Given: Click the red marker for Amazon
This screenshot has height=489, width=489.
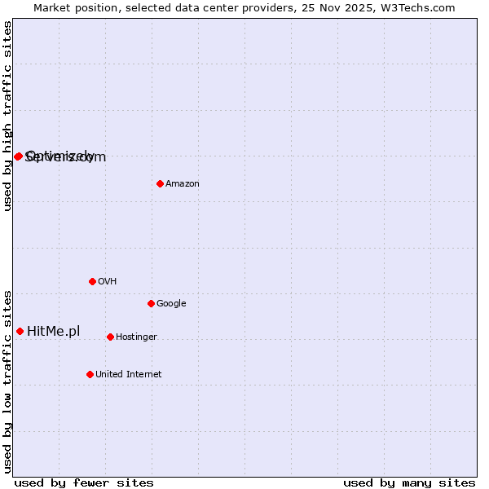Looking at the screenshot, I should coord(160,183).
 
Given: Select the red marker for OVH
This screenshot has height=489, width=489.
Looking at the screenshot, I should coord(92,281).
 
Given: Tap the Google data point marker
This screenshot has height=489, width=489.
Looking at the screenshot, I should coord(151,303).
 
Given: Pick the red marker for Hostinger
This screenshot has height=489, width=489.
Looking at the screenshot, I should coord(110,337).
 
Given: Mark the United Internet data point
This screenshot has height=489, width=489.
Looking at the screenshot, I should coord(90,374).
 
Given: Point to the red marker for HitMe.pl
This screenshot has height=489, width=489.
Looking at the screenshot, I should coord(20,331).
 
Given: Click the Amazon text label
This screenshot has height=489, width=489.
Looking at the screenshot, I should coord(183,184).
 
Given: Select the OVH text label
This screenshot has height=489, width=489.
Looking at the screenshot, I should coord(108,282).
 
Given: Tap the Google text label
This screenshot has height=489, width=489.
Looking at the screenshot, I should coord(171,304).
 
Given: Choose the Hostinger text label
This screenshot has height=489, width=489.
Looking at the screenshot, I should coord(136,337).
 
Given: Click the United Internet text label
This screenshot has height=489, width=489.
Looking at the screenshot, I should coord(128,375).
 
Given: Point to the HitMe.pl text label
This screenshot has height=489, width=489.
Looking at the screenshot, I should coord(54,331).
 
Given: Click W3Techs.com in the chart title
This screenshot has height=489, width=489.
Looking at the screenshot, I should coord(418,8).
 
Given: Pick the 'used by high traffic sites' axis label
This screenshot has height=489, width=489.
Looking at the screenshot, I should coord(8,116).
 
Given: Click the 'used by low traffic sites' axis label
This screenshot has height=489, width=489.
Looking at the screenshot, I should coord(8,381).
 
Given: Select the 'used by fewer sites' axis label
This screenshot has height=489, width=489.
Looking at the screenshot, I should coord(84,482).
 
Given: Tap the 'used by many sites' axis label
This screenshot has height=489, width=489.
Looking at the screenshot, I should coord(409,482).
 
